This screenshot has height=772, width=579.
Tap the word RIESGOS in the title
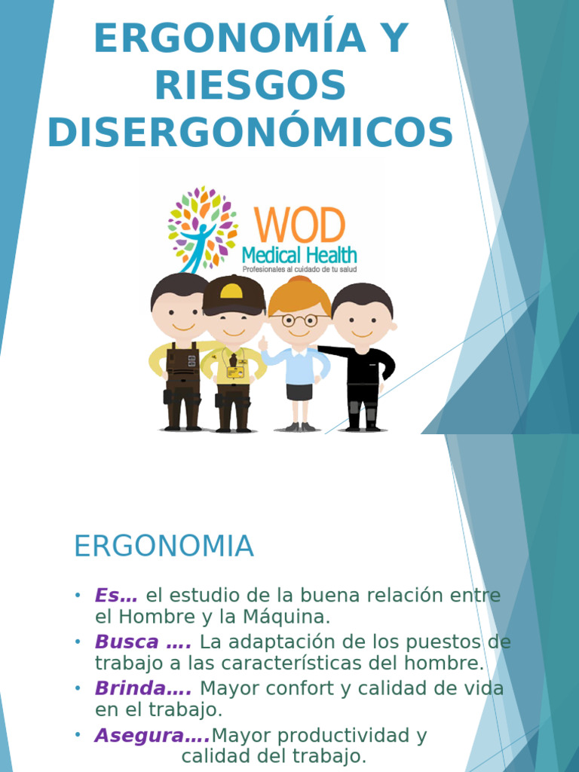[x=250, y=86]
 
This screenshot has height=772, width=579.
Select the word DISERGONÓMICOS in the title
[x=250, y=133]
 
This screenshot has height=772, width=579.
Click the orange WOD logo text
[x=299, y=225]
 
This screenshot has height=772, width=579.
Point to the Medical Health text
[x=299, y=255]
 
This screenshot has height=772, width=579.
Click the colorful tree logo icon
[x=202, y=226]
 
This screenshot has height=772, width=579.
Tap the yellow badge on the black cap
[x=231, y=291]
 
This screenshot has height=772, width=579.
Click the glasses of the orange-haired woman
[x=299, y=320]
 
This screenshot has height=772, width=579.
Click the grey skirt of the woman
[x=299, y=392]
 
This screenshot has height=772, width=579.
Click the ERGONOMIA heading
[x=164, y=547]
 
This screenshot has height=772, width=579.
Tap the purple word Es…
[x=116, y=596]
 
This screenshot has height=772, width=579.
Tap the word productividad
[x=333, y=736]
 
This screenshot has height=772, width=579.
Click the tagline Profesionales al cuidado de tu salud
[x=299, y=269]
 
